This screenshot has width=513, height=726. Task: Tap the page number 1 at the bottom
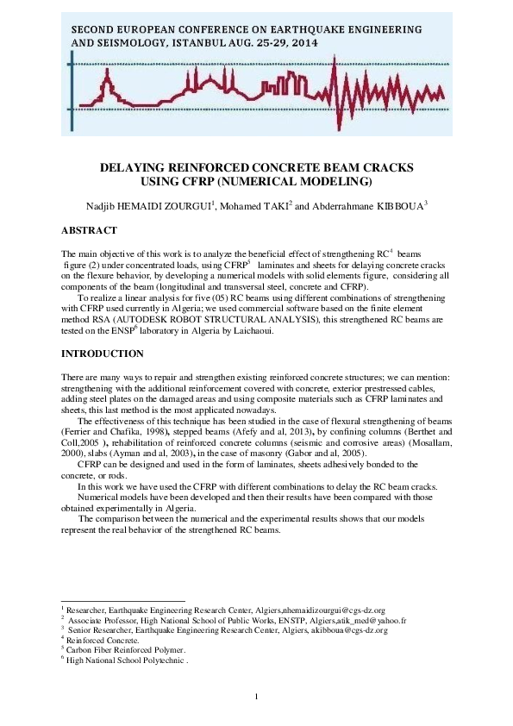257,696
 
